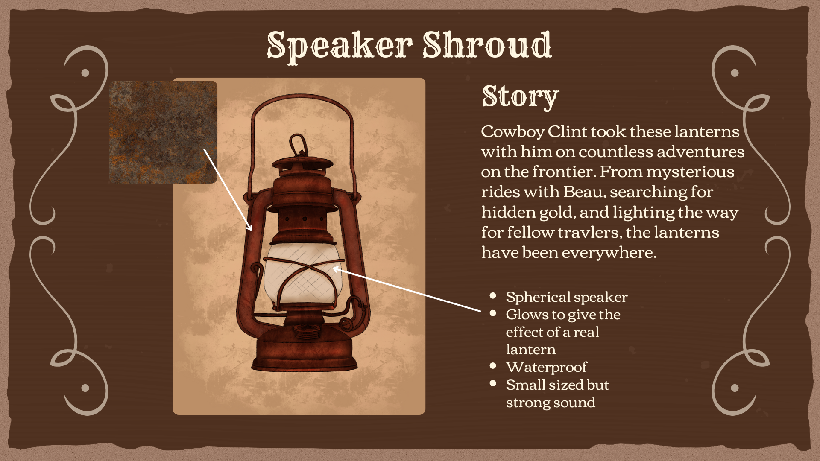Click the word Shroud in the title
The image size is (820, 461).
tap(487, 45)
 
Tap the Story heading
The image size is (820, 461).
tap(520, 96)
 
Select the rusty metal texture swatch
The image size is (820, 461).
tap(163, 132)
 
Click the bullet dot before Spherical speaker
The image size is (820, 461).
tap(493, 295)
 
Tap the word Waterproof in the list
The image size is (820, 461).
tap(546, 367)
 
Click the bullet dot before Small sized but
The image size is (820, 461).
tap(493, 383)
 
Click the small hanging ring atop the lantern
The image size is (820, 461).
tap(298, 145)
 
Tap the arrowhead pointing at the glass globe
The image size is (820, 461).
tap(336, 269)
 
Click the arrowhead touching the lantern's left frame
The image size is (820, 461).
tap(250, 228)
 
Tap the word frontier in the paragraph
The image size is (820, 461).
tap(563, 172)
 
